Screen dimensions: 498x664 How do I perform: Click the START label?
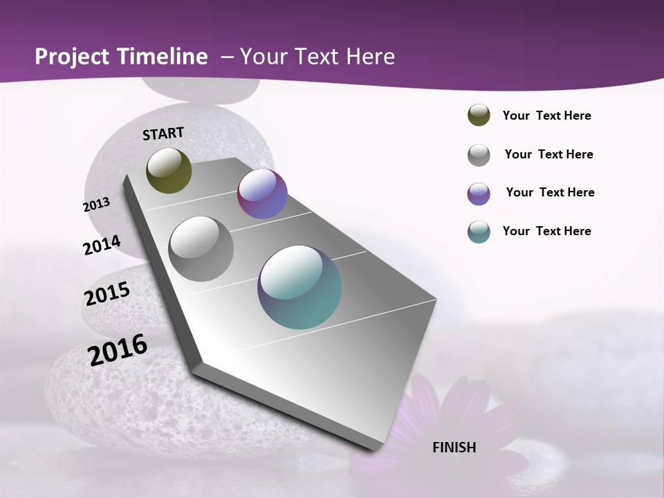(x=163, y=133)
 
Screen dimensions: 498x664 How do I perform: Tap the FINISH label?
(x=454, y=448)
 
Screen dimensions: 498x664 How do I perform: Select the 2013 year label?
(x=97, y=204)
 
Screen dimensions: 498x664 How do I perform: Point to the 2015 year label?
(x=107, y=294)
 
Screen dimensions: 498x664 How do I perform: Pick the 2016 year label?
(x=118, y=350)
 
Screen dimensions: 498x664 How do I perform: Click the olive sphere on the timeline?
(x=169, y=170)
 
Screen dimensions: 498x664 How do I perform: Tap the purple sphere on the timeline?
(x=262, y=194)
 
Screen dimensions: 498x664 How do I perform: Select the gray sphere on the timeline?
(x=201, y=248)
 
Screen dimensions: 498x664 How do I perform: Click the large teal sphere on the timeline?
(x=299, y=287)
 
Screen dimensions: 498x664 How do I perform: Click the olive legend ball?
(x=479, y=116)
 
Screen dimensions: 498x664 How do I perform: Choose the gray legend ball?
(x=479, y=155)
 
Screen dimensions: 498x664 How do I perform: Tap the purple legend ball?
(x=479, y=194)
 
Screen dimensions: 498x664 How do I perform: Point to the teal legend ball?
(x=479, y=232)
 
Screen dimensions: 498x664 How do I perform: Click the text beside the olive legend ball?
(x=546, y=116)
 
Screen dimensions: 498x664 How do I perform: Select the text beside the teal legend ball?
(x=546, y=231)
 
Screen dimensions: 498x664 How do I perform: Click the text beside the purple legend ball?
(x=550, y=192)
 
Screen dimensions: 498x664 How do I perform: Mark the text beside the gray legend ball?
(x=548, y=154)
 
